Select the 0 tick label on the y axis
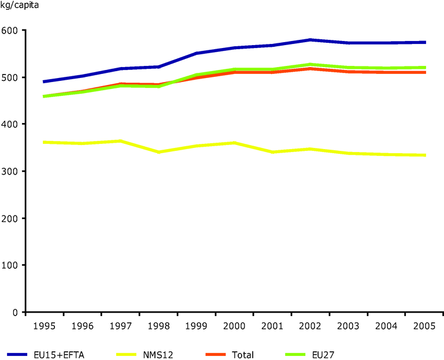click(x=17, y=313)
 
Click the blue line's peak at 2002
click(x=311, y=40)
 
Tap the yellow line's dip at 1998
click(x=158, y=152)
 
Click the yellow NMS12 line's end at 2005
click(x=425, y=155)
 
